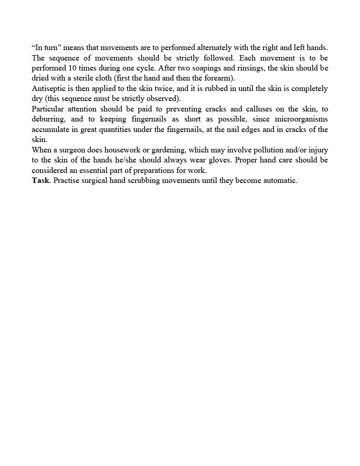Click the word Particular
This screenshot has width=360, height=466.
[50, 109]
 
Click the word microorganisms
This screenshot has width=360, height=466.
[301, 119]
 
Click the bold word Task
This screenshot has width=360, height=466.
[41, 181]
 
